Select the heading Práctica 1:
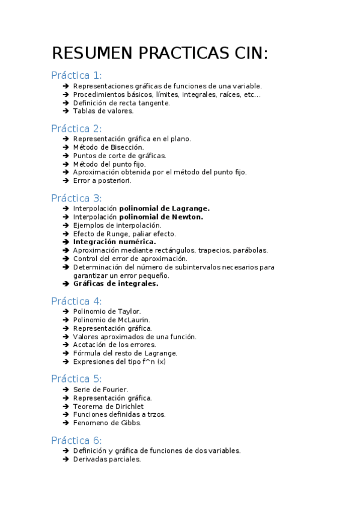tap(76, 75)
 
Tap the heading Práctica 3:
tap(76, 198)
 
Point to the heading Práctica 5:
tap(76, 379)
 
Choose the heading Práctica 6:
tap(76, 440)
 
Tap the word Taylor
tap(129, 312)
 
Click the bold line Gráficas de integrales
tap(115, 284)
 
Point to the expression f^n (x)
tap(153, 362)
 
